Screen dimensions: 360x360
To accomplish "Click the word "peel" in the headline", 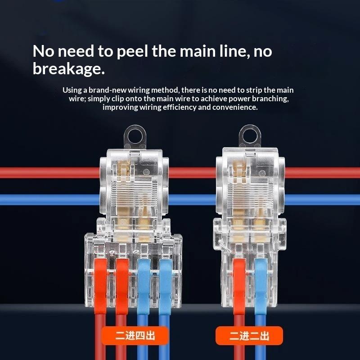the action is (132, 52).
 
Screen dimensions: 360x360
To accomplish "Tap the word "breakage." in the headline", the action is (69, 69).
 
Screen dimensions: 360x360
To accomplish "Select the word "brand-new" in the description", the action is (108, 90).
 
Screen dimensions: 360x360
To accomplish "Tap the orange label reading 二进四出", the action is (135, 336).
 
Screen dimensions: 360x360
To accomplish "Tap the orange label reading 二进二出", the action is (249, 336).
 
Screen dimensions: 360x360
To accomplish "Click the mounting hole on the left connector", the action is (135, 137).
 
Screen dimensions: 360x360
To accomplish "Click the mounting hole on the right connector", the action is (250, 137).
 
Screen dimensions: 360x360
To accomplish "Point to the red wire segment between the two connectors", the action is (193, 173).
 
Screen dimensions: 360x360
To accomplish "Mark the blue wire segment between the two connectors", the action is (193, 199).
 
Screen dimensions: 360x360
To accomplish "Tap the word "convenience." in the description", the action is (234, 107).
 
